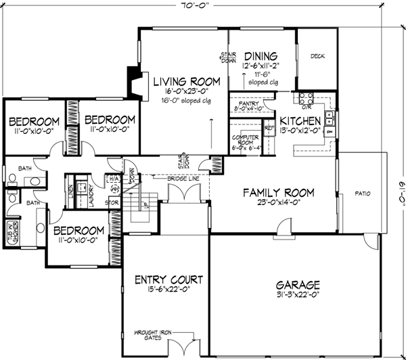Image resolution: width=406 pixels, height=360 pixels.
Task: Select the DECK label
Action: click(317, 56)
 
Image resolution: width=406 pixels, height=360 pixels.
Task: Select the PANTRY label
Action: click(244, 103)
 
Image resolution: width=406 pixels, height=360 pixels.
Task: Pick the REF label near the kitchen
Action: click(268, 127)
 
